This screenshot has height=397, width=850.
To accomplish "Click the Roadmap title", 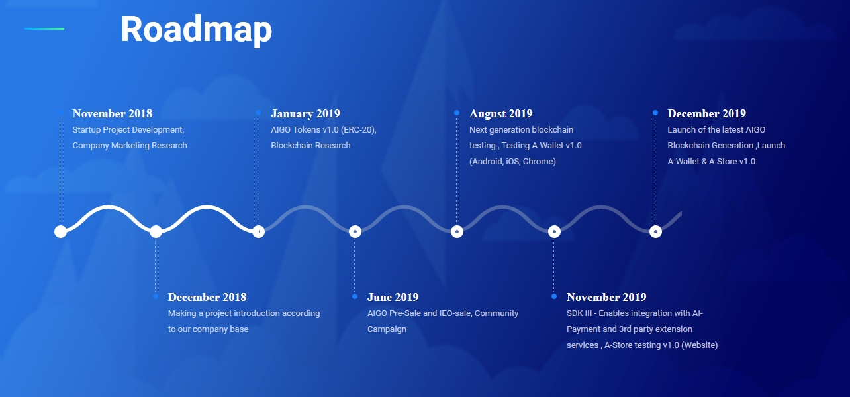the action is (x=196, y=30).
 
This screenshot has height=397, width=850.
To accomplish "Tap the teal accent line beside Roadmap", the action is (x=44, y=28).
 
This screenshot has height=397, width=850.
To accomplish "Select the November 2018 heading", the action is (x=113, y=113).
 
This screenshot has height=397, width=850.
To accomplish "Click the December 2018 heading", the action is (x=207, y=297).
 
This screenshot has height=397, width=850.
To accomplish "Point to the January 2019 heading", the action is (x=305, y=114).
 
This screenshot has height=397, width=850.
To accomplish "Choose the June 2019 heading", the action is (x=393, y=297).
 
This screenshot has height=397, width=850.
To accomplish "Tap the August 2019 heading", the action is (x=501, y=114).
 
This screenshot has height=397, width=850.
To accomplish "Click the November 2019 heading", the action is (x=606, y=297).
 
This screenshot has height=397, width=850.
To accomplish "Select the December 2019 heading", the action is (x=706, y=113).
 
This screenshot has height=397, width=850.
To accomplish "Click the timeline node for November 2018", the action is (x=60, y=231).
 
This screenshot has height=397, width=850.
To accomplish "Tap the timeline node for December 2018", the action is (x=156, y=231).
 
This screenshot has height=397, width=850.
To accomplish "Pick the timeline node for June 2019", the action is (x=355, y=231).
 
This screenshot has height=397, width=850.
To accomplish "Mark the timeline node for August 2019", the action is (x=457, y=231).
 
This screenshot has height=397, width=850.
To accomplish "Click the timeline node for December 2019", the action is (x=655, y=231).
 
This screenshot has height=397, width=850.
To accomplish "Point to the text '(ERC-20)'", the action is (x=359, y=130).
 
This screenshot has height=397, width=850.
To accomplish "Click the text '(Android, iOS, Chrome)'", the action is (x=512, y=162).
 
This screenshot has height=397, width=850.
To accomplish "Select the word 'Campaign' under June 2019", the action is (x=387, y=329).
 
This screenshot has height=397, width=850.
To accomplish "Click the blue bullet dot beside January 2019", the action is (x=258, y=113).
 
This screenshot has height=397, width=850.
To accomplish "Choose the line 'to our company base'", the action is (x=209, y=329).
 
